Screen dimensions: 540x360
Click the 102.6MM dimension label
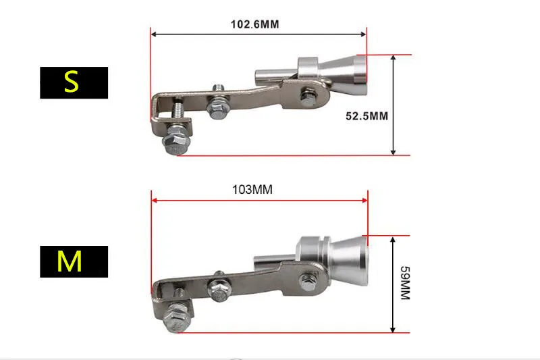coord(254,24)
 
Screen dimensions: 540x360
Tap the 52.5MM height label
coord(367,116)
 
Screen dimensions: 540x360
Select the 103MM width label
coord(252,190)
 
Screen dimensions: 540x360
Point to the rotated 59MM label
coord(406,283)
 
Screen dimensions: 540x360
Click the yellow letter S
coord(72,82)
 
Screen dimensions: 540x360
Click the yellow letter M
coord(70,261)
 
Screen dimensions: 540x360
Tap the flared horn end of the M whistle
coord(349,261)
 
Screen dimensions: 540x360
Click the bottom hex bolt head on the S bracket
coord(175,144)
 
